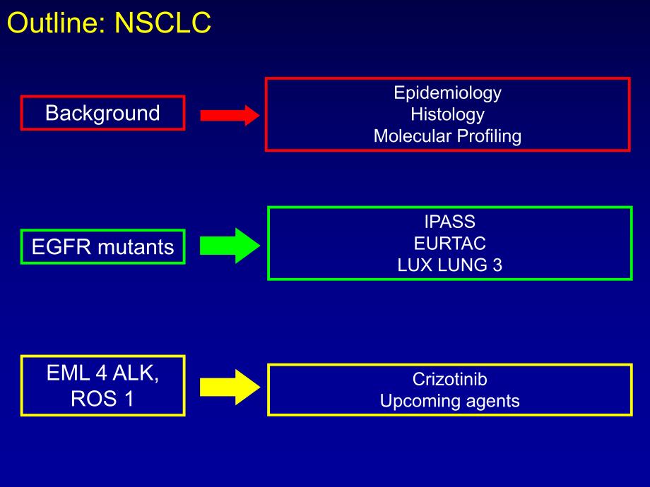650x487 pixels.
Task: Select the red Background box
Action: pyautogui.click(x=102, y=113)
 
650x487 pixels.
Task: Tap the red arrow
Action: pyautogui.click(x=230, y=115)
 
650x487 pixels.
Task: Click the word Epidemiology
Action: pyautogui.click(x=447, y=92)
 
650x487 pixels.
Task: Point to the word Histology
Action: pyautogui.click(x=447, y=114)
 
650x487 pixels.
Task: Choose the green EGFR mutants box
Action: pyautogui.click(x=102, y=247)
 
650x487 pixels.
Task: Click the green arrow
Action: pyautogui.click(x=230, y=246)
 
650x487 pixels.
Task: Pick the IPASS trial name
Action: pyautogui.click(x=449, y=222)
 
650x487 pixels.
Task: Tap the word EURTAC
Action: pyautogui.click(x=449, y=243)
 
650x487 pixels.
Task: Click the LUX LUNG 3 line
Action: pyautogui.click(x=449, y=265)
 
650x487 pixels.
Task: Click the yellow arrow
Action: pyautogui.click(x=230, y=387)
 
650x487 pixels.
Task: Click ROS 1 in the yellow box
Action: pyautogui.click(x=102, y=399)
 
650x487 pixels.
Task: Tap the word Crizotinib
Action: pyautogui.click(x=449, y=379)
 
